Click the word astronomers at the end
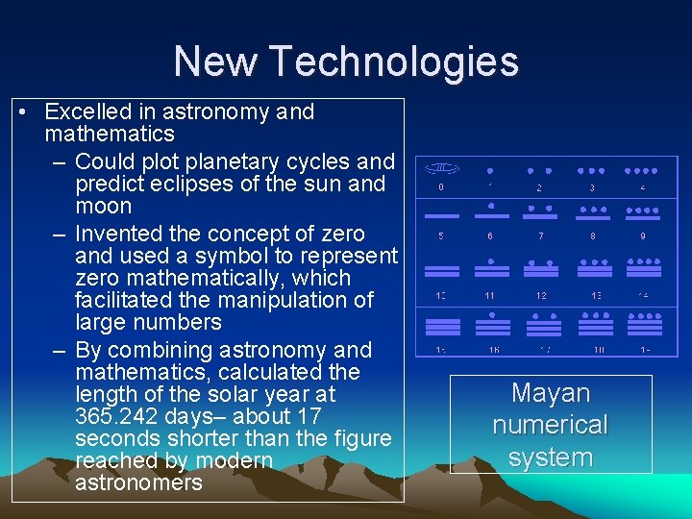click(138, 482)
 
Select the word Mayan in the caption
click(551, 393)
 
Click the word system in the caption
click(551, 457)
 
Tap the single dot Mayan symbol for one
click(490, 170)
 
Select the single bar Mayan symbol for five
click(441, 215)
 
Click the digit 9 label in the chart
click(643, 235)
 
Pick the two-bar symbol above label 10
click(441, 269)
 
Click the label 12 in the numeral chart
click(541, 295)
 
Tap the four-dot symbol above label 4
click(643, 170)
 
